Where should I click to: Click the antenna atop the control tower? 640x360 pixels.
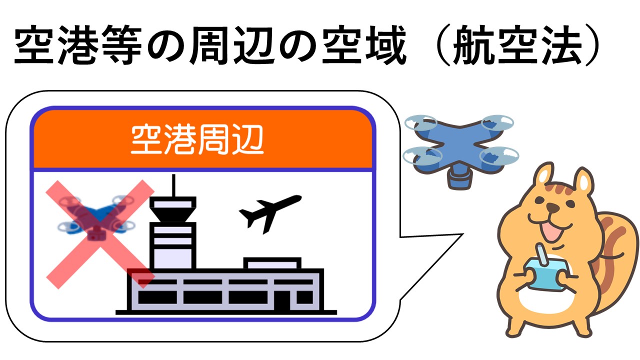pos(173,185)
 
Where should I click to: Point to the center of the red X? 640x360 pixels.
pos(100,233)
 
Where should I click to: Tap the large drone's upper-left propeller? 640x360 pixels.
pos(420,121)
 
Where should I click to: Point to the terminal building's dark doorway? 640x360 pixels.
pos(283,300)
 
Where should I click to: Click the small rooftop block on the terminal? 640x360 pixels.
pos(272,263)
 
